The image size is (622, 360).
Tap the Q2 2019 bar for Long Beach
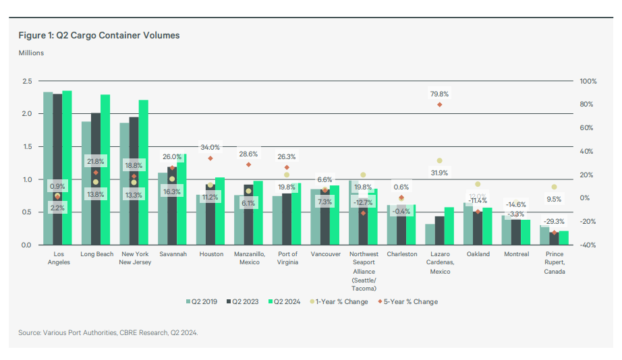pyautogui.click(x=86, y=183)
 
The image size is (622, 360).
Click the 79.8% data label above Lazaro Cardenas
pyautogui.click(x=439, y=94)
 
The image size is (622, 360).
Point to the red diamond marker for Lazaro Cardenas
pyautogui.click(x=439, y=104)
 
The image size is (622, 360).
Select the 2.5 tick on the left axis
pyautogui.click(x=28, y=81)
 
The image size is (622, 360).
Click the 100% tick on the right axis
pyautogui.click(x=588, y=81)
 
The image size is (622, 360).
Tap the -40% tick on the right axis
pyautogui.click(x=588, y=245)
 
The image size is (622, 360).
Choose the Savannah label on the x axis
pyautogui.click(x=172, y=254)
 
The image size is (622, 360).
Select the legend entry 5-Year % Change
pyautogui.click(x=409, y=301)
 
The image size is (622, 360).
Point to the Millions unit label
pyautogui.click(x=32, y=53)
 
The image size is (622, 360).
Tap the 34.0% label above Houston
pyautogui.click(x=210, y=147)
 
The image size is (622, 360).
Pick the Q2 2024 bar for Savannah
pyautogui.click(x=181, y=199)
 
